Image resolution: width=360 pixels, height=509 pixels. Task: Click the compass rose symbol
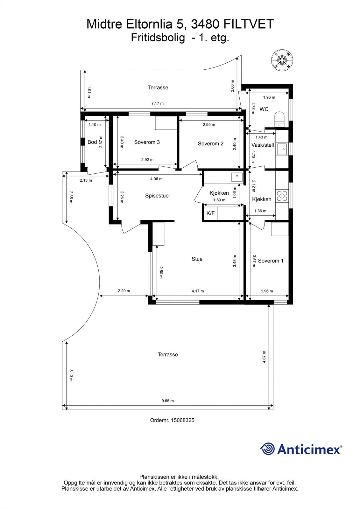[x=282, y=60]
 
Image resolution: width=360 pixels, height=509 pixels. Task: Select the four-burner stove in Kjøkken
[x=282, y=196]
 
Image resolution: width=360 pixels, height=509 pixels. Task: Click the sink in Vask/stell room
[x=282, y=149]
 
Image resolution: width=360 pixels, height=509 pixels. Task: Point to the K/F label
[x=210, y=213]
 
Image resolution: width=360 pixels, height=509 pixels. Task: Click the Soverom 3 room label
[x=147, y=142]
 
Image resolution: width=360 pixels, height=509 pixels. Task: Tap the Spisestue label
[x=157, y=196]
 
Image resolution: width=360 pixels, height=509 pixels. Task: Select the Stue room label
[x=197, y=259]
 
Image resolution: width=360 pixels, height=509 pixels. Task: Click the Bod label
[x=92, y=142]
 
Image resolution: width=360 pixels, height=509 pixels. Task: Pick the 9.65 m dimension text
[x=167, y=401]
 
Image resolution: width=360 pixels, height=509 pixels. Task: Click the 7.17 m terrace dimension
[x=157, y=103]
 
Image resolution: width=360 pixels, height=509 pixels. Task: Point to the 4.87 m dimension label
[x=264, y=357]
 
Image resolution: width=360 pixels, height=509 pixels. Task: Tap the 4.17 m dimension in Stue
[x=198, y=291]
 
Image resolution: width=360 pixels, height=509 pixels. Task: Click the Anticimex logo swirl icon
[x=267, y=449]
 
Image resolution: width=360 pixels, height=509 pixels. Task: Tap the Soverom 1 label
[x=271, y=261]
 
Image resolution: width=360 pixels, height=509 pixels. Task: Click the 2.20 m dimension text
[x=124, y=291]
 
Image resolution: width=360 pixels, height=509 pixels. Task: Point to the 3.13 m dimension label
[x=71, y=375]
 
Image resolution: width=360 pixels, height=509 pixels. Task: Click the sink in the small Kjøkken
[x=237, y=176]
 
